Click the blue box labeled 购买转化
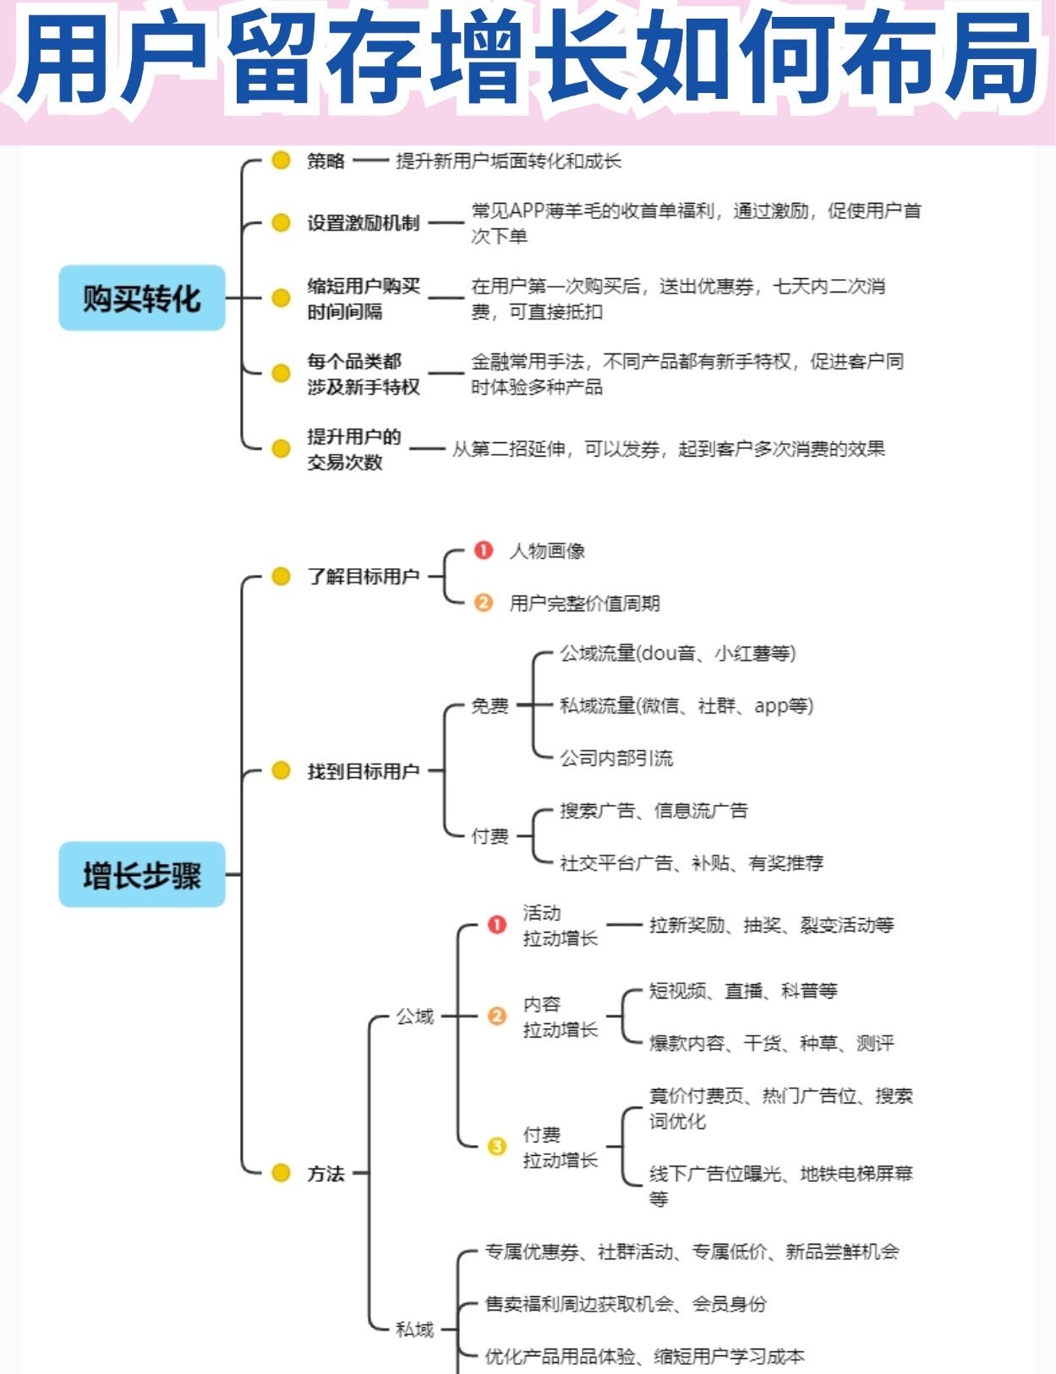142,298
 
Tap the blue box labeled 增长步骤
142,874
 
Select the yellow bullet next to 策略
281,161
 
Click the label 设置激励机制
363,223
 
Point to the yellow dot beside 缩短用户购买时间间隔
281,298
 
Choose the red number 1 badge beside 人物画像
483,550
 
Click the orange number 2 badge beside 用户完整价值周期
483,603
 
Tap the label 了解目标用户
363,577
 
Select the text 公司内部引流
616,758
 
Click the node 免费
490,705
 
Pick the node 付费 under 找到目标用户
490,836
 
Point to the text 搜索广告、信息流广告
654,811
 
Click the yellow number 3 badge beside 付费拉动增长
496,1147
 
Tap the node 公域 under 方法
414,1016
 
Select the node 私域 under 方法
414,1329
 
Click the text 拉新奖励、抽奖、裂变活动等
771,925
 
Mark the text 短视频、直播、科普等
743,991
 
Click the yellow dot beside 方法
281,1173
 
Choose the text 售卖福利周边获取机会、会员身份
626,1304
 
